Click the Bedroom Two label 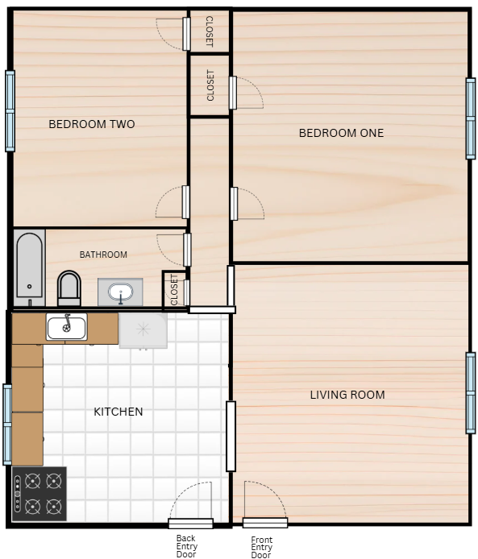pyautogui.click(x=92, y=124)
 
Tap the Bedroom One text pyautogui.click(x=342, y=133)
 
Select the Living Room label pyautogui.click(x=347, y=395)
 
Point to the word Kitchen pyautogui.click(x=118, y=412)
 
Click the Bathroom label pyautogui.click(x=103, y=255)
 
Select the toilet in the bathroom pyautogui.click(x=69, y=288)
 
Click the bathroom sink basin pyautogui.click(x=121, y=292)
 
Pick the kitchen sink pyautogui.click(x=67, y=326)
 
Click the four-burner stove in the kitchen pyautogui.click(x=39, y=494)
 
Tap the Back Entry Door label pyautogui.click(x=186, y=546)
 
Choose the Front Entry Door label pyautogui.click(x=261, y=547)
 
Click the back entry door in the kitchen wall pyautogui.click(x=191, y=524)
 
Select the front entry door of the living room pyautogui.click(x=265, y=523)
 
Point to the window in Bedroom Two pyautogui.click(x=10, y=111)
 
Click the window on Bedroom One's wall pyautogui.click(x=471, y=118)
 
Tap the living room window pyautogui.click(x=471, y=393)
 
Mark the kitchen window pyautogui.click(x=7, y=424)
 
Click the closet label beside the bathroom pyautogui.click(x=174, y=289)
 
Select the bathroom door pyautogui.click(x=187, y=250)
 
